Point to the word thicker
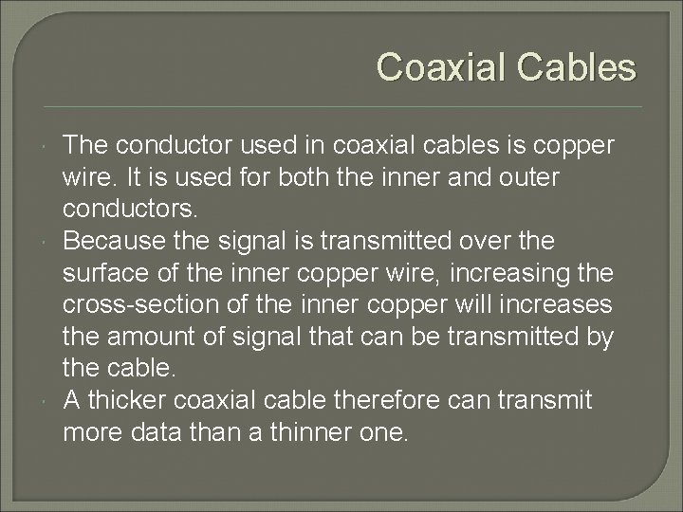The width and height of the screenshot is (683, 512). (x=119, y=399)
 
